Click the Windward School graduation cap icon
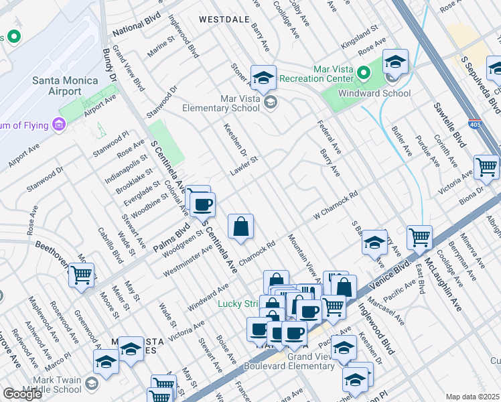396,62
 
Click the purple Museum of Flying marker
58,124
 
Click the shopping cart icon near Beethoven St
81,274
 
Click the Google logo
22,394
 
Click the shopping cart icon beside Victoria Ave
486,167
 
